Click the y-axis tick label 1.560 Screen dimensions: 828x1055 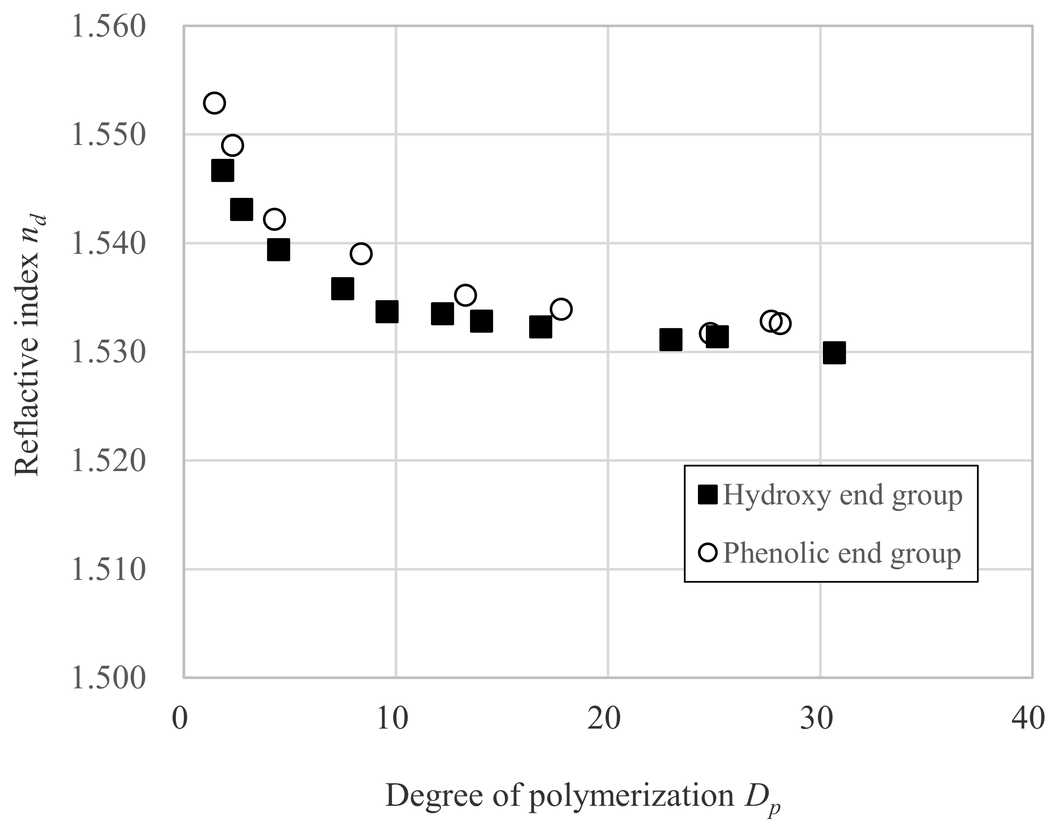tap(108, 27)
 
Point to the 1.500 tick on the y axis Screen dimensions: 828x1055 tap(108, 678)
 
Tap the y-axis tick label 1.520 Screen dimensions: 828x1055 tap(108, 460)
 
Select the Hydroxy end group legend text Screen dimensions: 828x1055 tap(842, 495)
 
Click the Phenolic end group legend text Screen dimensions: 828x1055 tap(841, 553)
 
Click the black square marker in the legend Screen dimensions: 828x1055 tap(707, 495)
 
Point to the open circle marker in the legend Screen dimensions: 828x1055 tap(708, 552)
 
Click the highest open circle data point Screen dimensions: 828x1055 tap(214, 103)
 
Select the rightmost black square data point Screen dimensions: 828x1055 tap(834, 353)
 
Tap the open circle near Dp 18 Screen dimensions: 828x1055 tap(561, 309)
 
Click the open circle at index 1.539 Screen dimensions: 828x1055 tap(361, 253)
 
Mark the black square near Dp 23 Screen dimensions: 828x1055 tap(670, 340)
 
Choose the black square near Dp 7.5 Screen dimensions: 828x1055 tap(342, 289)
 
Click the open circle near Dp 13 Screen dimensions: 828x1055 tap(465, 295)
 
